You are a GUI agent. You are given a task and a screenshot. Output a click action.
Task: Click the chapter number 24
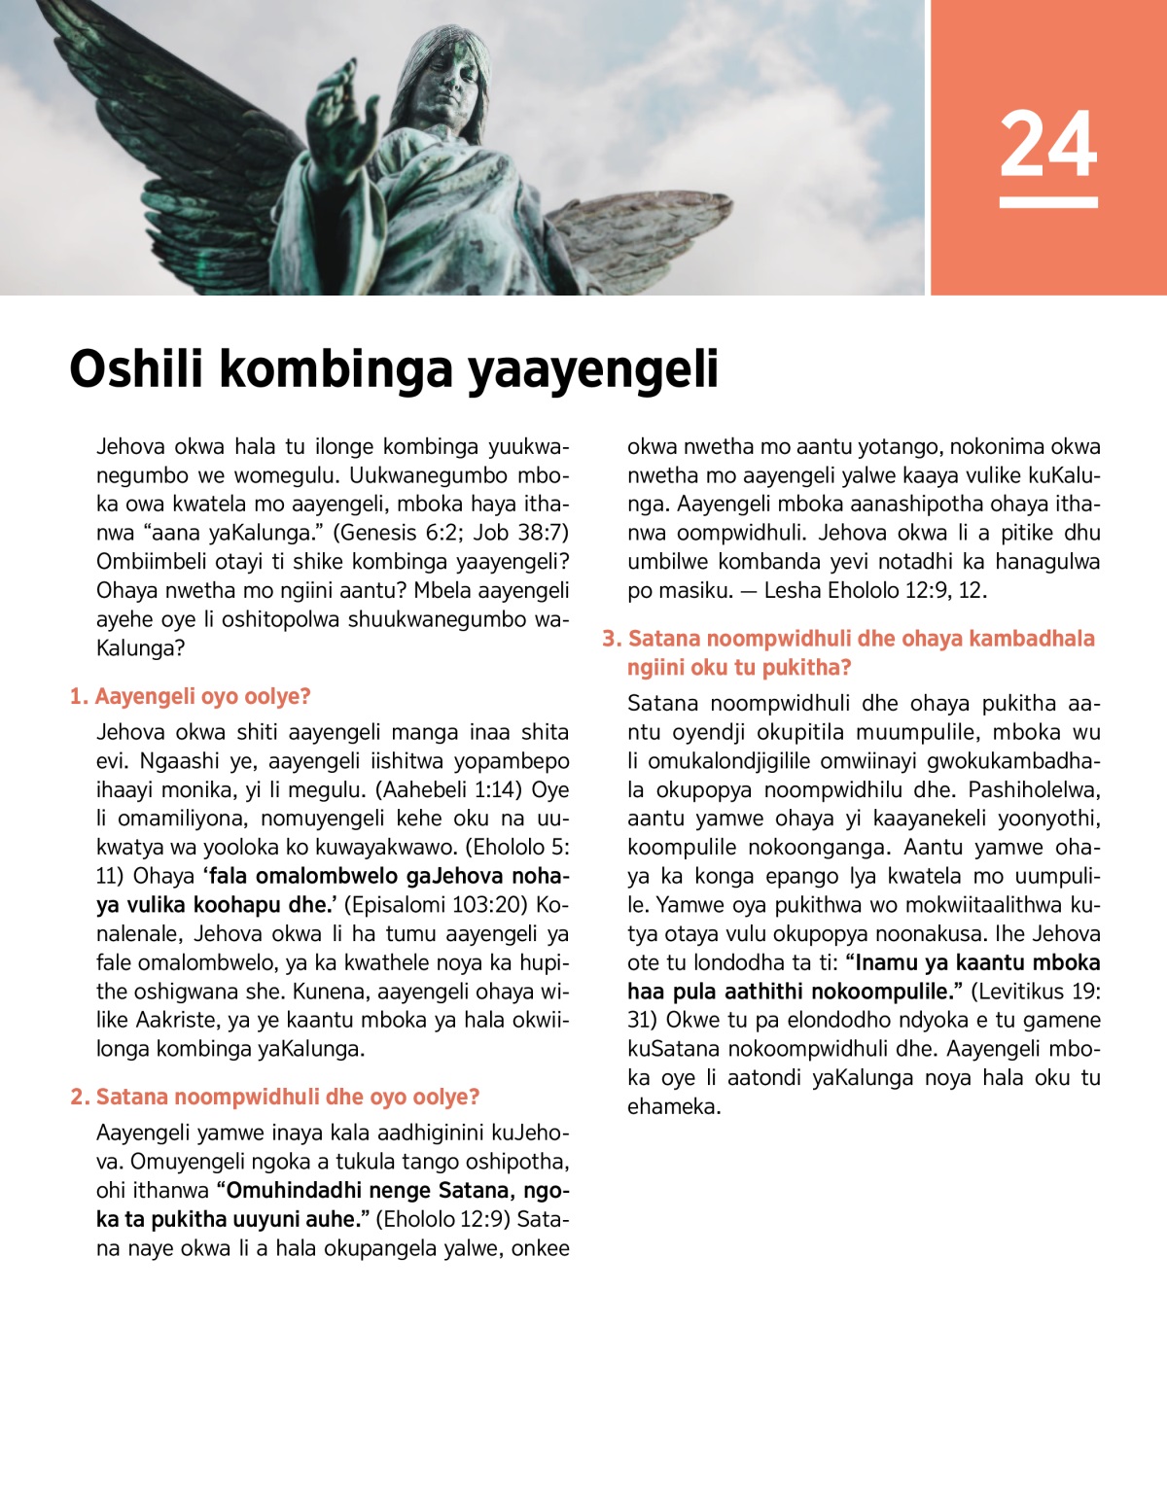(1048, 145)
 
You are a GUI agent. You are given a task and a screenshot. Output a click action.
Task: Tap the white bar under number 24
(1048, 202)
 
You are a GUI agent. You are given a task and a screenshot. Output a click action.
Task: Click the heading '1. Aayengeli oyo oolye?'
(191, 696)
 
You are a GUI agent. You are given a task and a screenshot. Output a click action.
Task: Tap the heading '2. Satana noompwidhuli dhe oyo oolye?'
(275, 1097)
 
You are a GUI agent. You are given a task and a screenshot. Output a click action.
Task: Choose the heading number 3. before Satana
(611, 639)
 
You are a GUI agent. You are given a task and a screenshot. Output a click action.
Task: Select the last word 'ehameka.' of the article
(674, 1106)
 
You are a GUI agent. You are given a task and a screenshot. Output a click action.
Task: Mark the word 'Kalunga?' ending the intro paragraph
(140, 647)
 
